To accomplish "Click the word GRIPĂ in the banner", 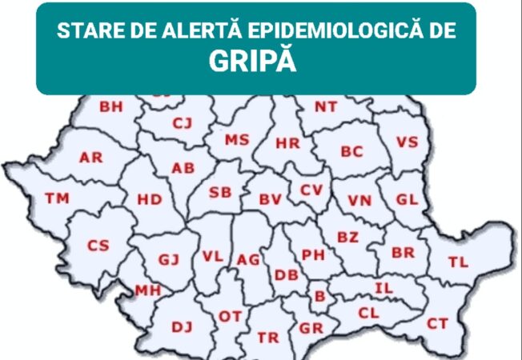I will click(x=253, y=62).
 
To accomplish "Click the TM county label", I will click(x=57, y=198).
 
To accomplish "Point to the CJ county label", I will click(x=183, y=122).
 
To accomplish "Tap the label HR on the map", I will click(x=287, y=144).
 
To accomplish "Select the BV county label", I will click(x=270, y=200).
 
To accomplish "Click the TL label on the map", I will click(x=458, y=262).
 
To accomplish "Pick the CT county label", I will click(x=437, y=323).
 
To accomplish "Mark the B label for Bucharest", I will click(x=319, y=297).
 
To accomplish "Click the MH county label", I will click(x=147, y=290).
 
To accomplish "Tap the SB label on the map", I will click(x=220, y=192).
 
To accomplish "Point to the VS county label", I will click(x=407, y=142).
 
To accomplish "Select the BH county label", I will click(x=111, y=106).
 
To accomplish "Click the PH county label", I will click(x=312, y=254).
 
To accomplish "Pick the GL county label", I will click(x=407, y=198).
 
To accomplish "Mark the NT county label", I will click(x=325, y=106).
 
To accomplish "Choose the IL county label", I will click(x=383, y=287).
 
